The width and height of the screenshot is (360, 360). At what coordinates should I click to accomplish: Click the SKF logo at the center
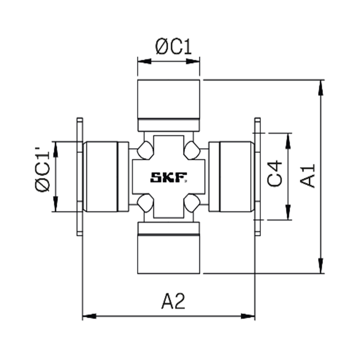[x=168, y=177]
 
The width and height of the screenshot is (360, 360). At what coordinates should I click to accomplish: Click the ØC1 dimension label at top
[x=174, y=48]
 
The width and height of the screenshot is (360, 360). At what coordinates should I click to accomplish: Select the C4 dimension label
[x=276, y=174]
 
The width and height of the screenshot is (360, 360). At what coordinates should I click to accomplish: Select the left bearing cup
[x=100, y=176]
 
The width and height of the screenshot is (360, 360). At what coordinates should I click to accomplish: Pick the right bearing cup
[x=236, y=176]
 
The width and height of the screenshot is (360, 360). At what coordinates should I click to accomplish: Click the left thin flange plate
[x=80, y=176]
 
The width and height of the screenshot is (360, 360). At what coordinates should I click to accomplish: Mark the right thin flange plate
[x=257, y=176]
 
